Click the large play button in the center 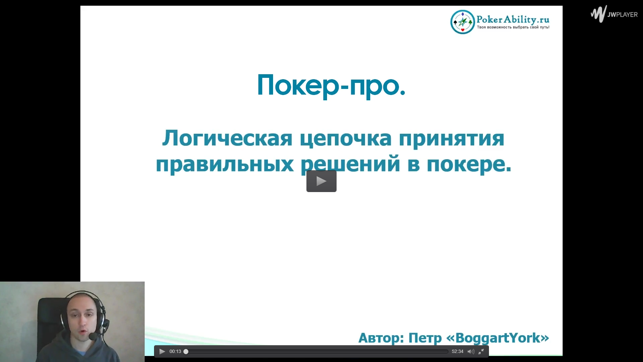321,181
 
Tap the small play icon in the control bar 162,351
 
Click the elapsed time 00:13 175,351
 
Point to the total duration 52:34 457,351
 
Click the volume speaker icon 471,351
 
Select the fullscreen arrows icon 481,351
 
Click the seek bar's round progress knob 186,351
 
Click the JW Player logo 614,14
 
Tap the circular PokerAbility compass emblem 462,22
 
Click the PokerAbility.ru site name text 513,19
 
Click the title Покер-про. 331,85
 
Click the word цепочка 346,139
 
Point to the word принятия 452,139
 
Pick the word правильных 225,164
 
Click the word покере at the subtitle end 469,164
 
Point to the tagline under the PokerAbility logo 513,27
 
